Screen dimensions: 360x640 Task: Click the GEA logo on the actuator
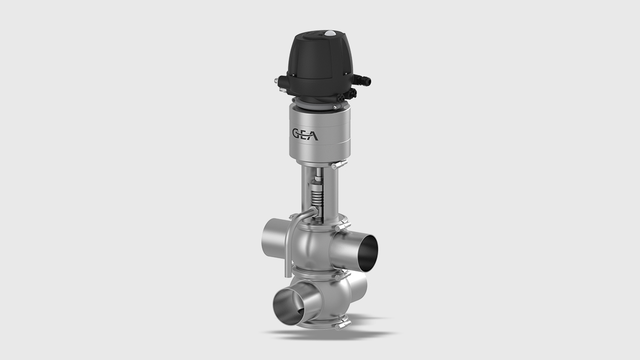[305, 133]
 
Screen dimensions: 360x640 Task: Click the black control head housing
[315, 61]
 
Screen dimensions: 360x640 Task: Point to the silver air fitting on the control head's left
[279, 81]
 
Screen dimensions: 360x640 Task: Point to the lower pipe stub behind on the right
[361, 289]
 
